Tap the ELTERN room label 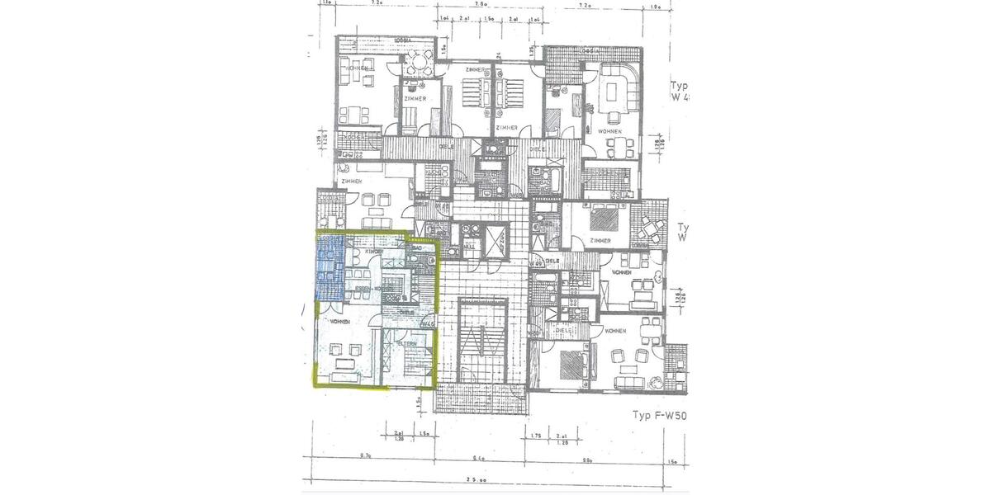coord(406,343)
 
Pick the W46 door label coord(427,324)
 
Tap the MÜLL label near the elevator coord(469,245)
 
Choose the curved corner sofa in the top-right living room coord(620,85)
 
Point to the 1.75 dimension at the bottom coord(536,435)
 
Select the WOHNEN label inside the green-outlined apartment coord(339,320)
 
